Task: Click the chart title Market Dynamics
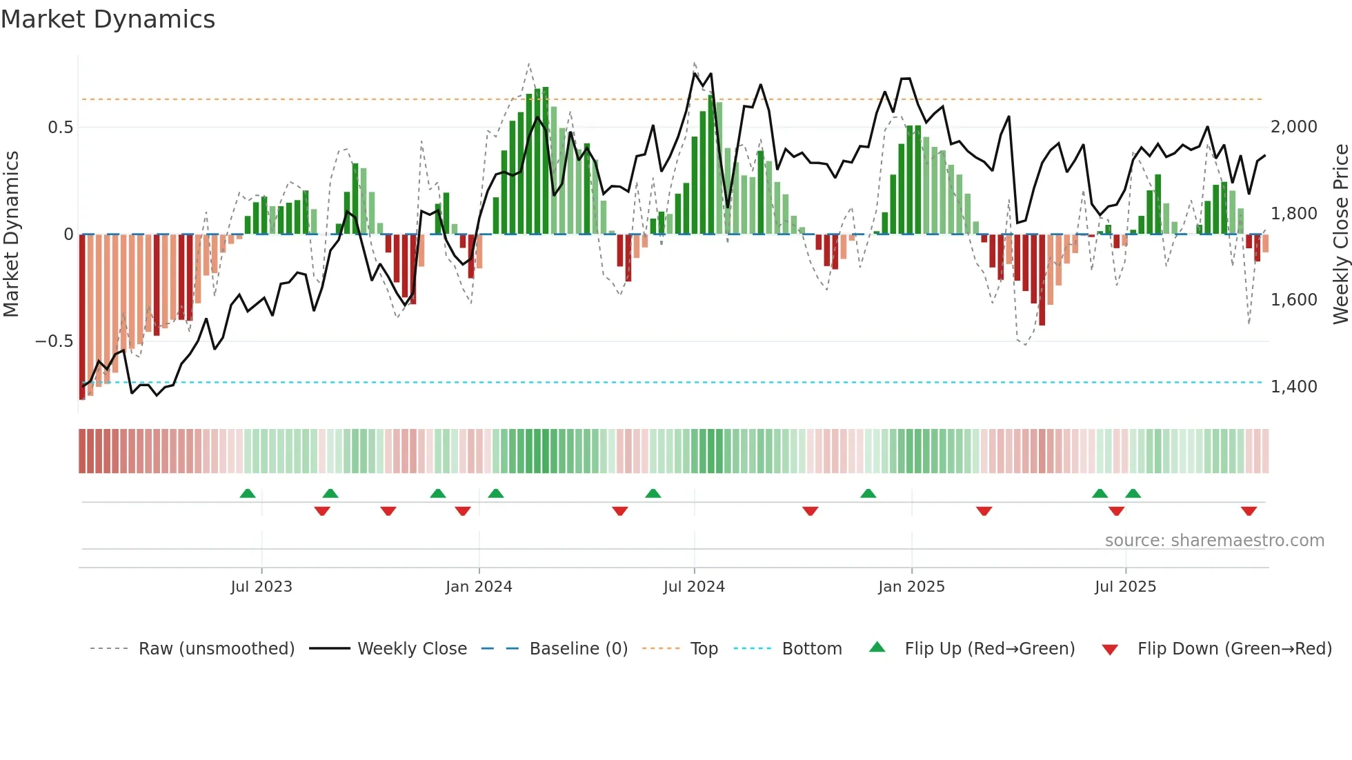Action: tap(108, 19)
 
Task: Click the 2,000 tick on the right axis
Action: tap(1293, 127)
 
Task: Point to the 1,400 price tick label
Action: tap(1293, 387)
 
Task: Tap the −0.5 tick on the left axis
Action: tap(54, 341)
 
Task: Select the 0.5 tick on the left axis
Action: tap(60, 128)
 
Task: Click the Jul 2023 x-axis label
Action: tap(261, 587)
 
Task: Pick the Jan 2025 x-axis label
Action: tap(911, 587)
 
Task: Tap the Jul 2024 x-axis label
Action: tap(694, 587)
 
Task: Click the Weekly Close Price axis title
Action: tap(1340, 234)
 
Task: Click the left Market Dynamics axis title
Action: tap(11, 234)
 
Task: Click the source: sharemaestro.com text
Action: tap(1214, 541)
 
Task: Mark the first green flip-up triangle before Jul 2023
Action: tap(248, 493)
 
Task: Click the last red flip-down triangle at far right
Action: tap(1249, 511)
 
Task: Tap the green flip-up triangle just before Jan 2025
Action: tap(868, 493)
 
